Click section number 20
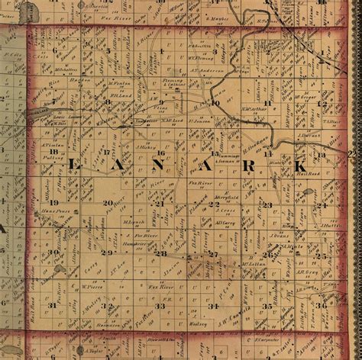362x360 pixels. point(108,202)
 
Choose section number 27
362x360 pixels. point(213,253)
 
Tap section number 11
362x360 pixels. point(267,102)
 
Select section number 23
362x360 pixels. point(267,204)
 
